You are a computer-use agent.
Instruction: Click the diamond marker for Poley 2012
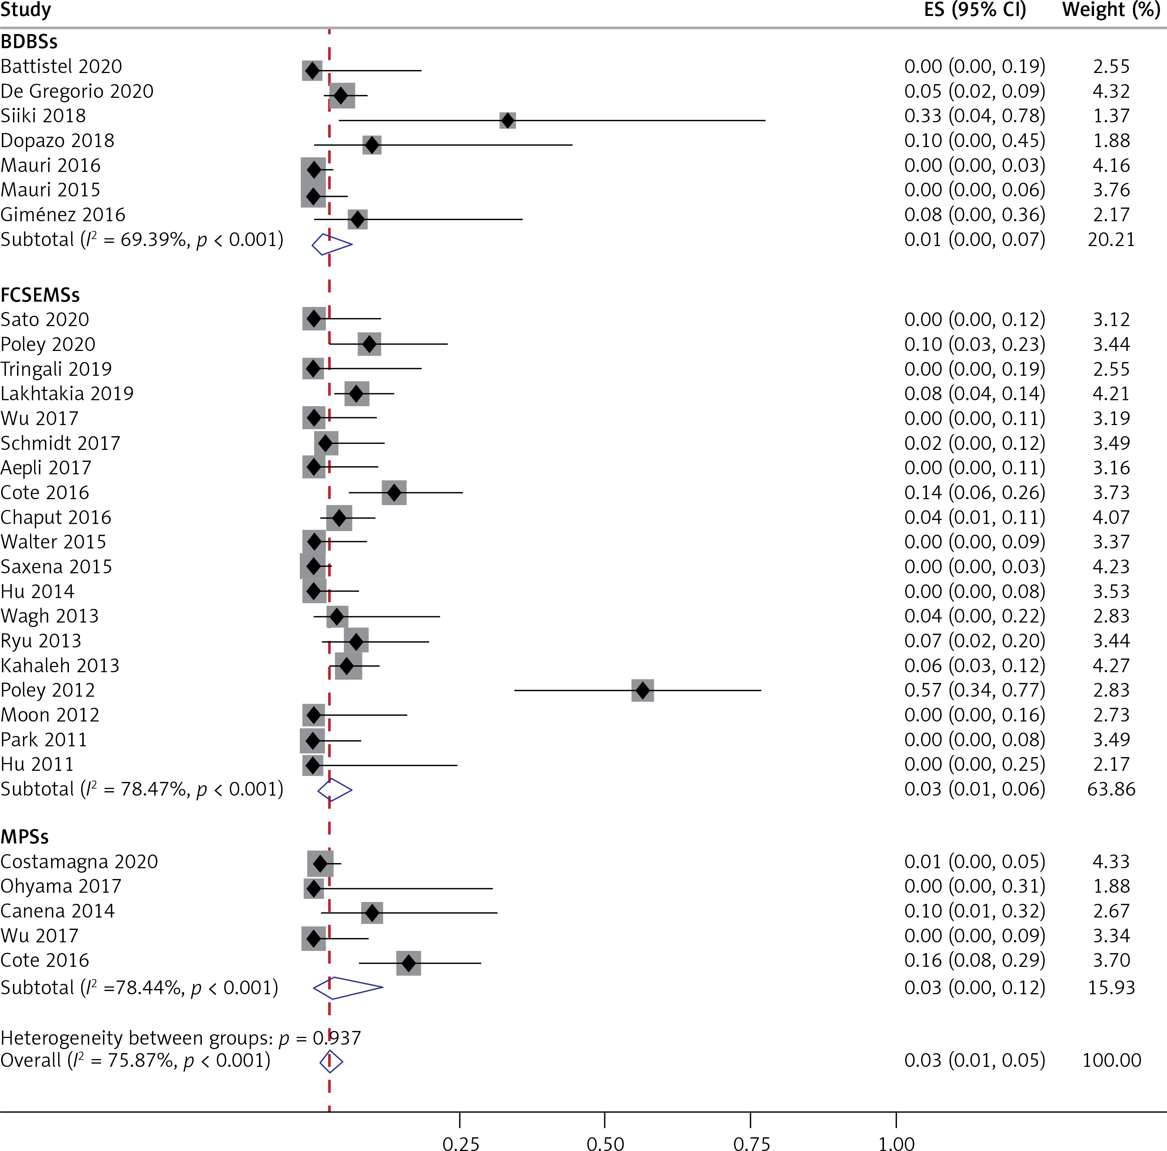(x=643, y=690)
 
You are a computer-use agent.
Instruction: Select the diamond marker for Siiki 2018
(x=508, y=120)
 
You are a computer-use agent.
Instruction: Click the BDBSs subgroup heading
(x=29, y=42)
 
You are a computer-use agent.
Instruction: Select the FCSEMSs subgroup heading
(x=40, y=295)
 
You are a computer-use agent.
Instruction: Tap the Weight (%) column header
(x=1111, y=10)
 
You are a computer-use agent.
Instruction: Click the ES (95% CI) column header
(x=975, y=10)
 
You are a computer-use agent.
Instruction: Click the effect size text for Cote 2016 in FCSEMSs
(x=974, y=492)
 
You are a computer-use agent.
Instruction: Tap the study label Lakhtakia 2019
(x=67, y=393)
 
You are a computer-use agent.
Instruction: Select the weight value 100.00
(x=1111, y=1060)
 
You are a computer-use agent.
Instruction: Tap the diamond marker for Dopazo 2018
(x=372, y=145)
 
